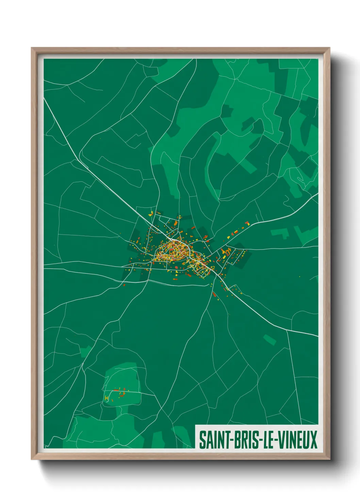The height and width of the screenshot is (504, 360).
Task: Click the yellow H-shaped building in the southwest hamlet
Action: click(107, 398)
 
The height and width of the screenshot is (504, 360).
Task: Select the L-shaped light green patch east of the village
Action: click(280, 234)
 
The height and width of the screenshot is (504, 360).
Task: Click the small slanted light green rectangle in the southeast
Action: click(269, 339)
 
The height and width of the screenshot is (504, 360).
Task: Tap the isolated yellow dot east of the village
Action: click(299, 277)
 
